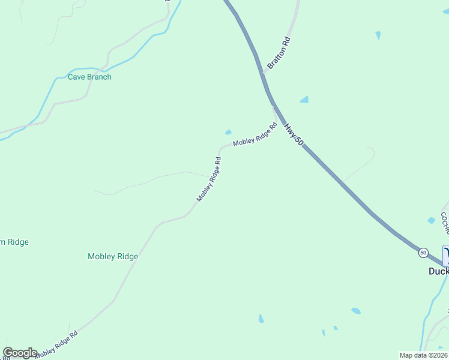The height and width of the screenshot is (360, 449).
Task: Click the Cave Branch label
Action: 89,77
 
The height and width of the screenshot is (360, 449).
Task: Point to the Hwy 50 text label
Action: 294,133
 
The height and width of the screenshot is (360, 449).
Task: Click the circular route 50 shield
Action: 423,253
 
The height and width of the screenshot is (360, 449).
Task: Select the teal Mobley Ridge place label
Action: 113,256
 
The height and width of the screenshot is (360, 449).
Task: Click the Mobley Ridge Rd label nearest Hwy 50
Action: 255,136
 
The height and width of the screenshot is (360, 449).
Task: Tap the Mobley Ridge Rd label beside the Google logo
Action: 57,344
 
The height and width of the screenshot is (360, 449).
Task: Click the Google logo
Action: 20,352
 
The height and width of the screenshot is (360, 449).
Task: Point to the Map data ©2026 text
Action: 423,355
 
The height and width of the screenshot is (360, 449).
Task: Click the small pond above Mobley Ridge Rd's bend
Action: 228,133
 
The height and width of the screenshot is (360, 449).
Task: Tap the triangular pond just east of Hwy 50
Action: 305,99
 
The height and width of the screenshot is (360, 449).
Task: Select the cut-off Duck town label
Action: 438,271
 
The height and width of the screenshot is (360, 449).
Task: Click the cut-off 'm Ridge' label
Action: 14,242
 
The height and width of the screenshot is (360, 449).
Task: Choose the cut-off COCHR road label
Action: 444,223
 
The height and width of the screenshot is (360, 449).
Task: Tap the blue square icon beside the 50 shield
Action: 445,256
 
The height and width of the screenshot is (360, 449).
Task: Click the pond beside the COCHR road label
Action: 431,221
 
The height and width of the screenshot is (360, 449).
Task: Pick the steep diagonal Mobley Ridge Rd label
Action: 209,179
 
